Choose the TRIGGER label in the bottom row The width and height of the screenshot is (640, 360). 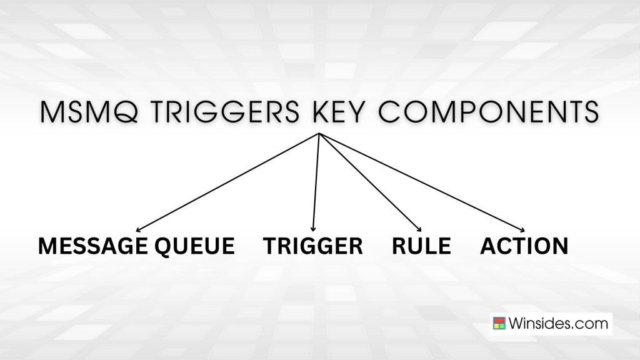click(313, 246)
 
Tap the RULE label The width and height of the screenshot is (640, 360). click(421, 246)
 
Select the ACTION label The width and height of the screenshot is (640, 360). click(524, 246)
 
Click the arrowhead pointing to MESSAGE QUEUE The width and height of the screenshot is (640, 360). click(139, 230)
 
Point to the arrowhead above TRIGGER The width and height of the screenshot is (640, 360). click(312, 229)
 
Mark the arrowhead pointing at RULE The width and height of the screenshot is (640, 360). click(419, 229)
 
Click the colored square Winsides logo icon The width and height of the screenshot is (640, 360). click(499, 324)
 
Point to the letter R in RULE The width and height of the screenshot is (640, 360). click(400, 246)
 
